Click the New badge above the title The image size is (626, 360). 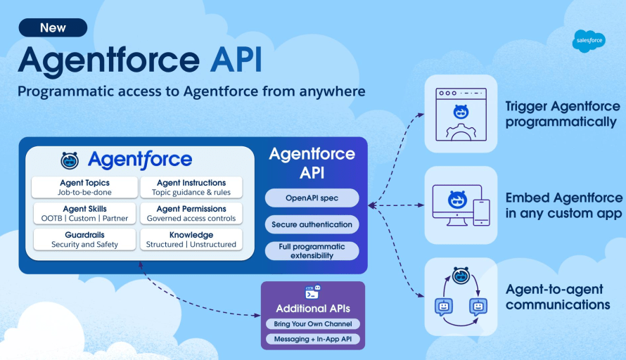(53, 27)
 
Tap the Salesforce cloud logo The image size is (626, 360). (589, 41)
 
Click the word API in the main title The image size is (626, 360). (236, 60)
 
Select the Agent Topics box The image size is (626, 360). (84, 187)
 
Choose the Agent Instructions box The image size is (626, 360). (191, 187)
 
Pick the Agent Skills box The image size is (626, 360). (84, 213)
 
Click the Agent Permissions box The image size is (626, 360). (191, 213)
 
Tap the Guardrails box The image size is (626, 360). (84, 240)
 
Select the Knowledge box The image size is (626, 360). (191, 240)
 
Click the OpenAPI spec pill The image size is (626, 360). (312, 198)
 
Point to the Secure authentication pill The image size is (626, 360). (312, 224)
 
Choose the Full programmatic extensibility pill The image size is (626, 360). (312, 251)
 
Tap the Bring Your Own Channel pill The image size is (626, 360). (313, 323)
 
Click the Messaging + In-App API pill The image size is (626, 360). (313, 339)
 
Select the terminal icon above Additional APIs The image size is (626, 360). (312, 292)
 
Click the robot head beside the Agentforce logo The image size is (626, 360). (70, 160)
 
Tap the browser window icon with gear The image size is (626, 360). (461, 114)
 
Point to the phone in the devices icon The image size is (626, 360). (482, 212)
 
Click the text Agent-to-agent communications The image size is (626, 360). (558, 297)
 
